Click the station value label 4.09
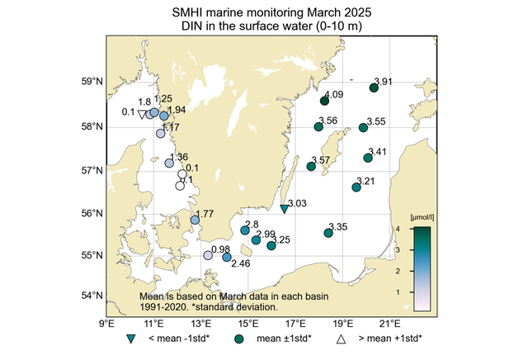pyautogui.click(x=334, y=95)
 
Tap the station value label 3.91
pyautogui.click(x=384, y=82)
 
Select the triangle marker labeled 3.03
pyautogui.click(x=284, y=210)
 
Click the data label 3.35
pyautogui.click(x=338, y=227)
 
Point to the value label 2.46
pyautogui.click(x=240, y=264)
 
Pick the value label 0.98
pyautogui.click(x=220, y=249)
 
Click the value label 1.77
pyautogui.click(x=205, y=215)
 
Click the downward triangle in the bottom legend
pyautogui.click(x=130, y=339)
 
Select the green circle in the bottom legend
pyautogui.click(x=238, y=339)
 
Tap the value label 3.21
pyautogui.click(x=365, y=182)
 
